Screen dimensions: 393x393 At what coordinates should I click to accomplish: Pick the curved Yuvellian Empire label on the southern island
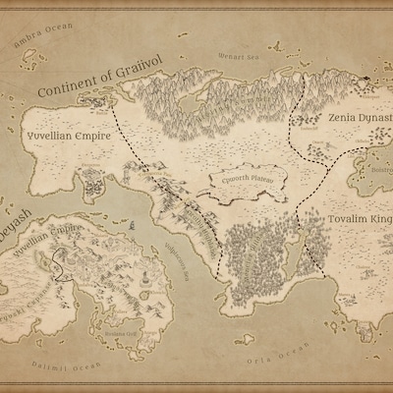point(49,236)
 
